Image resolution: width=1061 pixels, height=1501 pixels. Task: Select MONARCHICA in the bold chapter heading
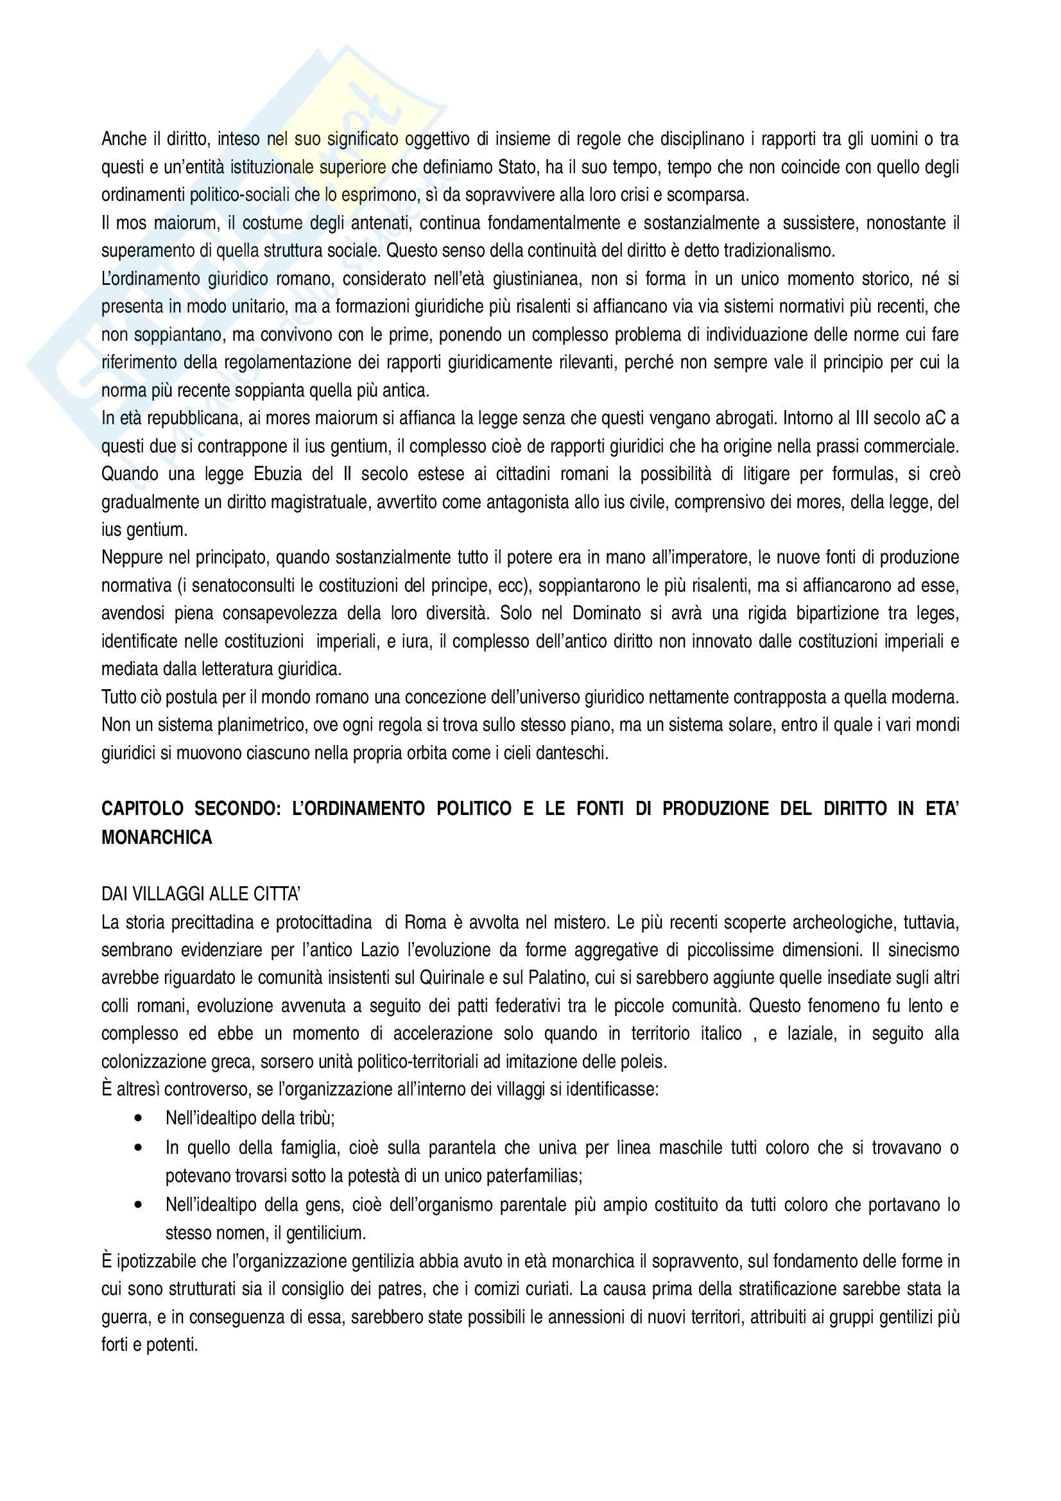157,837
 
